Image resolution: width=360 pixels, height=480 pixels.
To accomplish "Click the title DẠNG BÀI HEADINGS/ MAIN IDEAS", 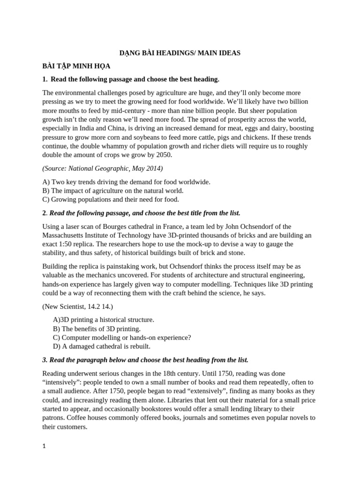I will (x=180, y=53).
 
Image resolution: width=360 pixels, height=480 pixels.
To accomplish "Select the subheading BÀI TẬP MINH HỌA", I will (x=76, y=66).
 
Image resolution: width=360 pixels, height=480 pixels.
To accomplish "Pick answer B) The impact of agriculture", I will (x=112, y=190).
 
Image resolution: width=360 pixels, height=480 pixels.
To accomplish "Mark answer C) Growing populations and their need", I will (x=111, y=199).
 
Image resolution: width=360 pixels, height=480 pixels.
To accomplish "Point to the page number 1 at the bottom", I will (x=44, y=447).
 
